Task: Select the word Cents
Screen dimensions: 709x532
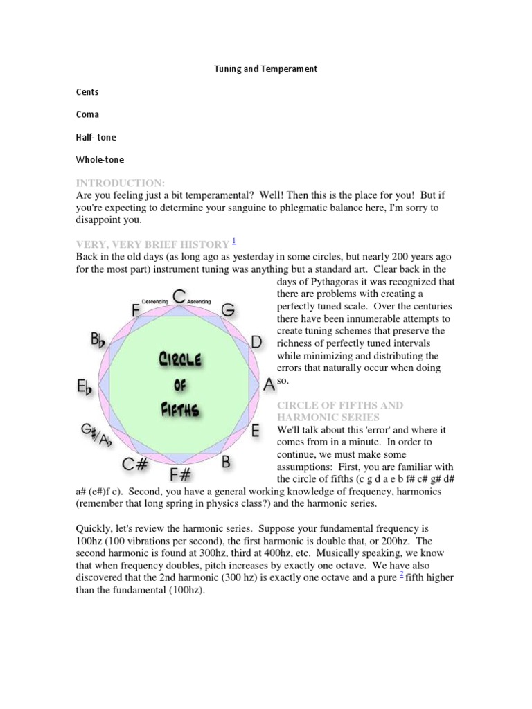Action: click(87, 92)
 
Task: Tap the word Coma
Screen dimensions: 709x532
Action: click(87, 114)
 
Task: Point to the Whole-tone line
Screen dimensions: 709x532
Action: click(100, 160)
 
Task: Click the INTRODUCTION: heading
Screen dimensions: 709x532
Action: click(121, 183)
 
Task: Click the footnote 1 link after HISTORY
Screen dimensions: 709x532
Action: click(235, 240)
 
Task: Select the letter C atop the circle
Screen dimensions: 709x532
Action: click(179, 298)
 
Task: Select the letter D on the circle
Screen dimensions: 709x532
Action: click(256, 341)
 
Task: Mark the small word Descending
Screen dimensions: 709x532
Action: click(155, 302)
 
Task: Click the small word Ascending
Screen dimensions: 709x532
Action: click(199, 302)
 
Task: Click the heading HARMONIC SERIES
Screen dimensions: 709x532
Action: click(328, 418)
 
